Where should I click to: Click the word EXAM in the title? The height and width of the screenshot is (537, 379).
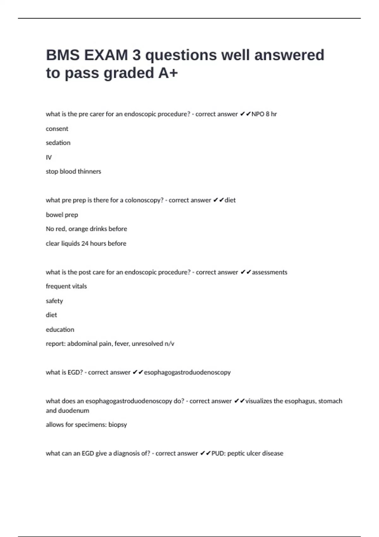pyautogui.click(x=106, y=55)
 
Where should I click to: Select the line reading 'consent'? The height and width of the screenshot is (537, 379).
pyautogui.click(x=57, y=129)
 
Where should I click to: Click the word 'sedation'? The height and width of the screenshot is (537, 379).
pyautogui.click(x=58, y=143)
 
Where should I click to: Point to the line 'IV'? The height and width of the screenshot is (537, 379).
pyautogui.click(x=49, y=157)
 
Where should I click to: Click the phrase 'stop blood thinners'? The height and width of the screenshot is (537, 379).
pyautogui.click(x=73, y=172)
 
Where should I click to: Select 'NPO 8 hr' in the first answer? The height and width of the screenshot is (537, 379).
pyautogui.click(x=264, y=114)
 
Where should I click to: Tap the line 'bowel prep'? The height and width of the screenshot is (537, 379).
pyautogui.click(x=62, y=215)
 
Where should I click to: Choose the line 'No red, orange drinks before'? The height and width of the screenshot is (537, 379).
pyautogui.click(x=86, y=229)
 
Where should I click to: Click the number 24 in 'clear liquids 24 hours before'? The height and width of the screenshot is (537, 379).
pyautogui.click(x=85, y=244)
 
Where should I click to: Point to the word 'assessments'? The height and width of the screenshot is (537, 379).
pyautogui.click(x=269, y=272)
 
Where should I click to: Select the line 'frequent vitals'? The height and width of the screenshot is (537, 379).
pyautogui.click(x=66, y=286)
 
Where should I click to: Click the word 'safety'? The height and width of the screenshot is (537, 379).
pyautogui.click(x=54, y=301)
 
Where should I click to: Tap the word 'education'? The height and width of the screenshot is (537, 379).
pyautogui.click(x=60, y=329)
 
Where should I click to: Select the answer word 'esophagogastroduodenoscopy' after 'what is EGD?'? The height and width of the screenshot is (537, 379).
pyautogui.click(x=187, y=372)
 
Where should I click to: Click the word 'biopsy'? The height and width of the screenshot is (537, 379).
pyautogui.click(x=117, y=425)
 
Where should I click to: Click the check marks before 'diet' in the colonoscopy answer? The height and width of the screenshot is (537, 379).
pyautogui.click(x=219, y=200)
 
